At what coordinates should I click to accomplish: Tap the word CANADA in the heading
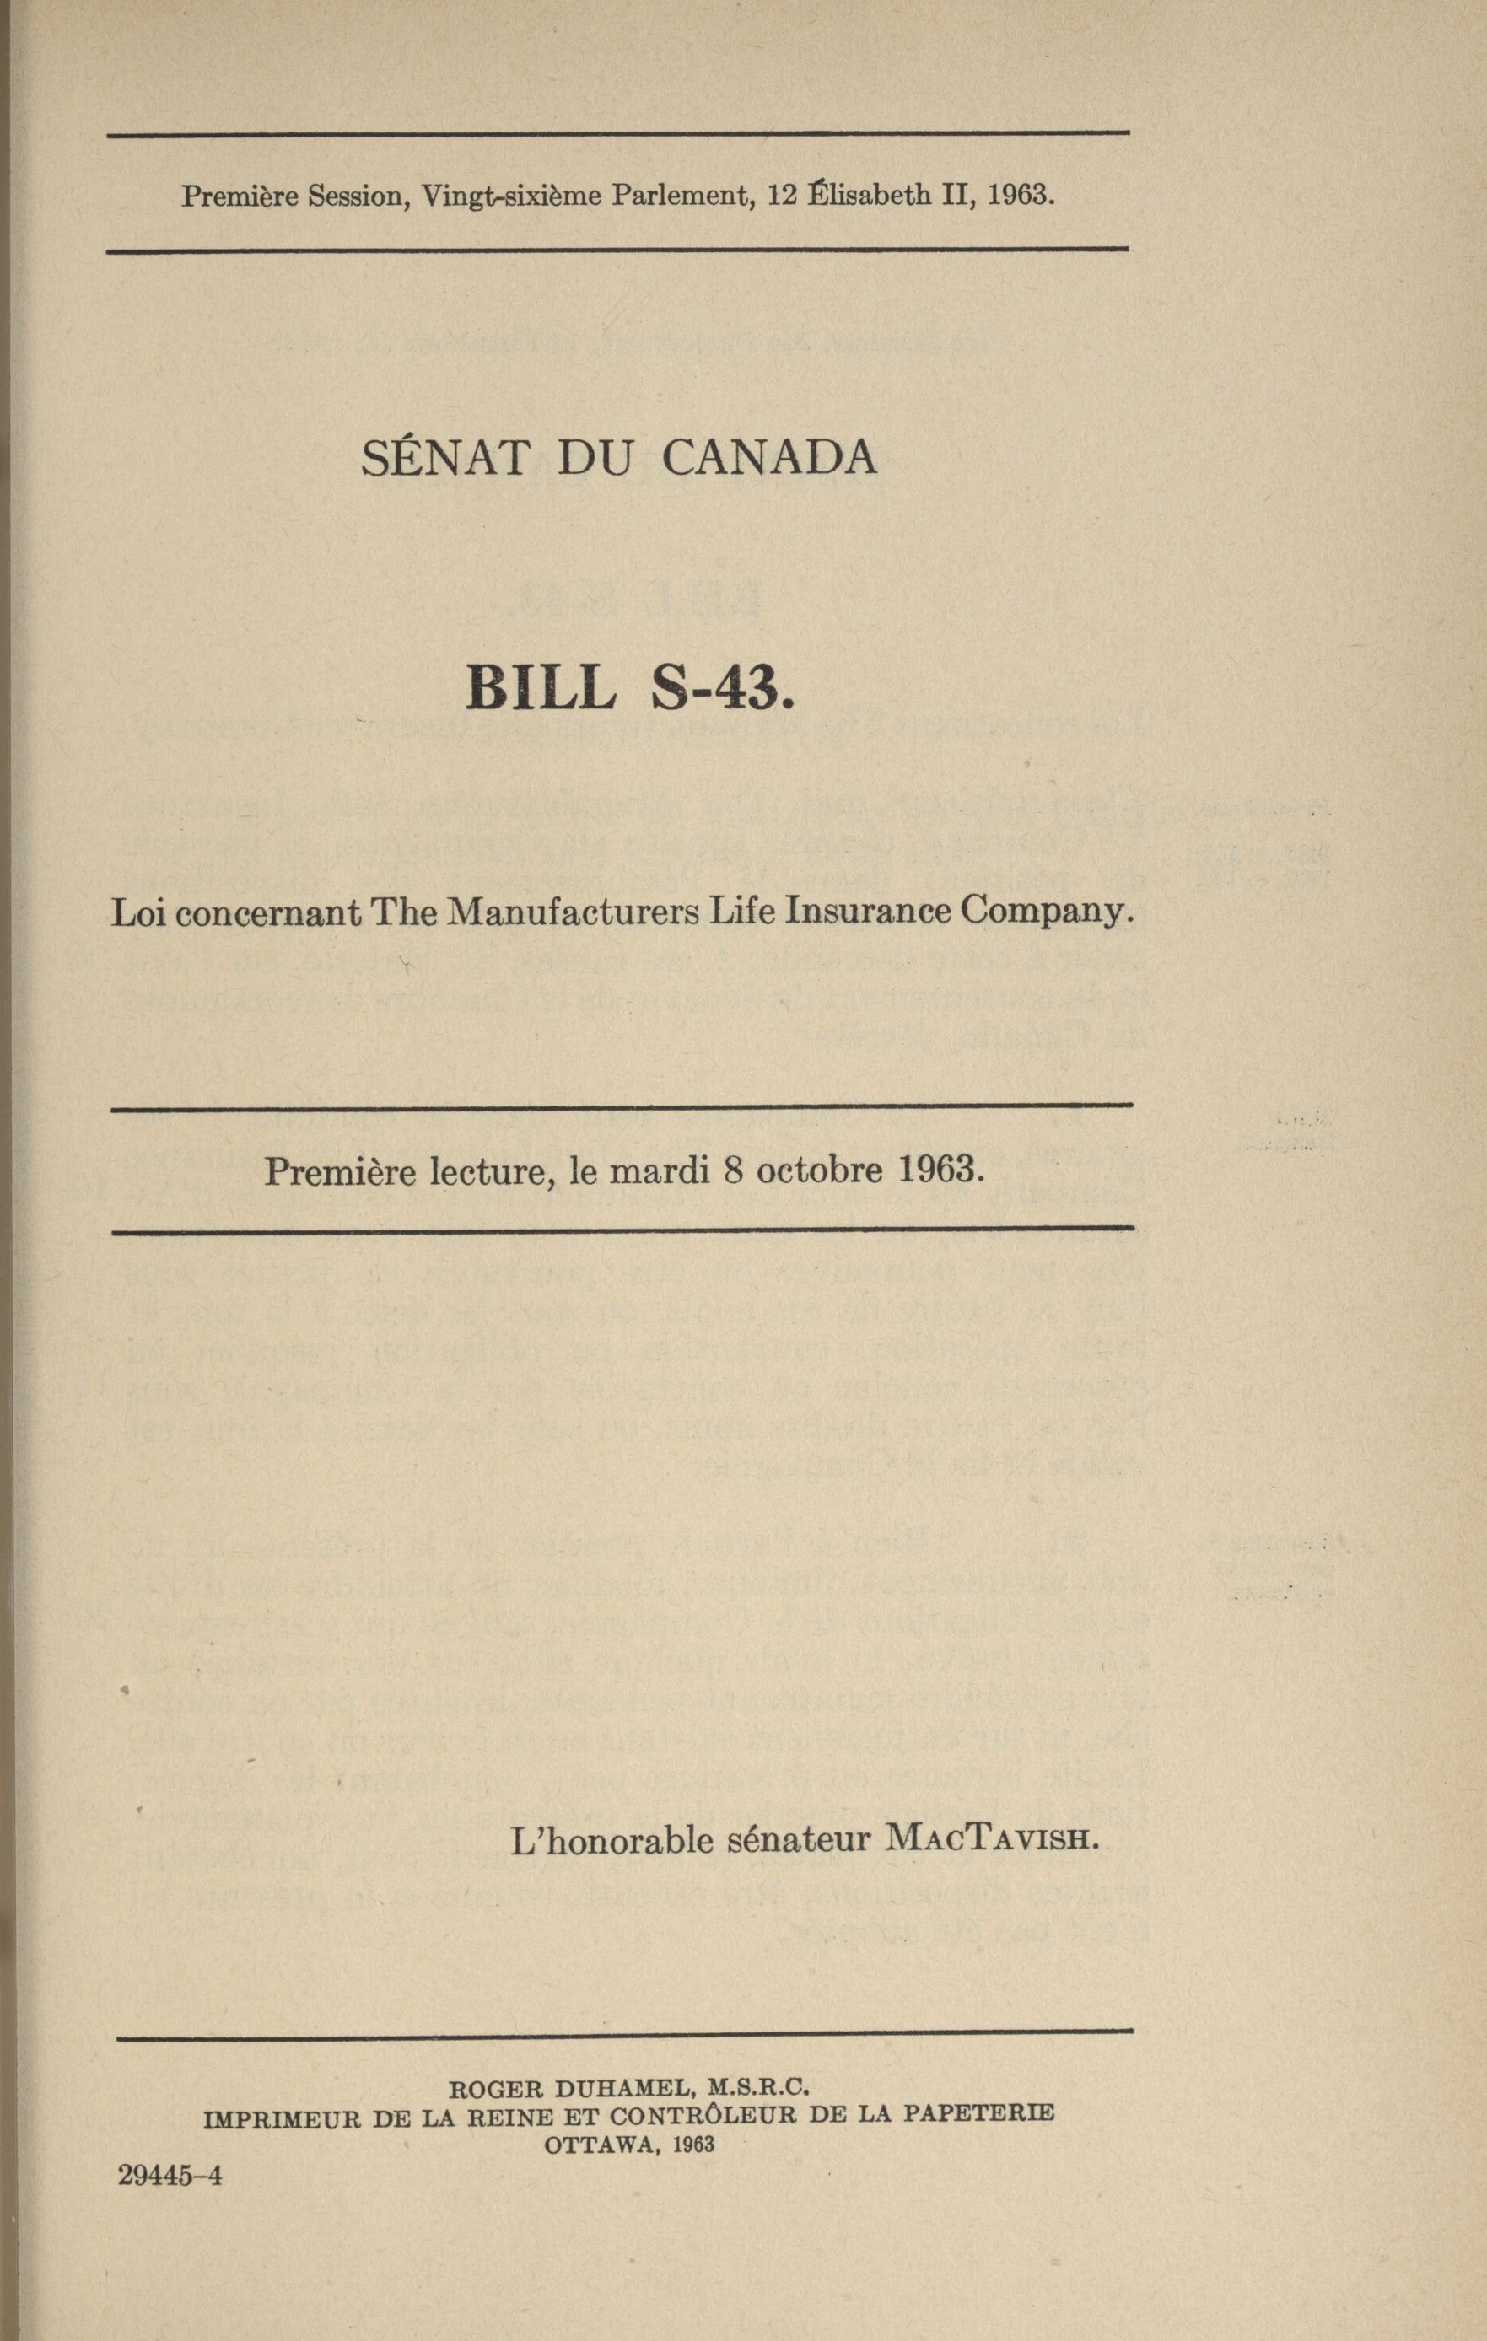click(769, 457)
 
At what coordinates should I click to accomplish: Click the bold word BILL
click(541, 687)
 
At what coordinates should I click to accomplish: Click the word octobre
click(818, 1169)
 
